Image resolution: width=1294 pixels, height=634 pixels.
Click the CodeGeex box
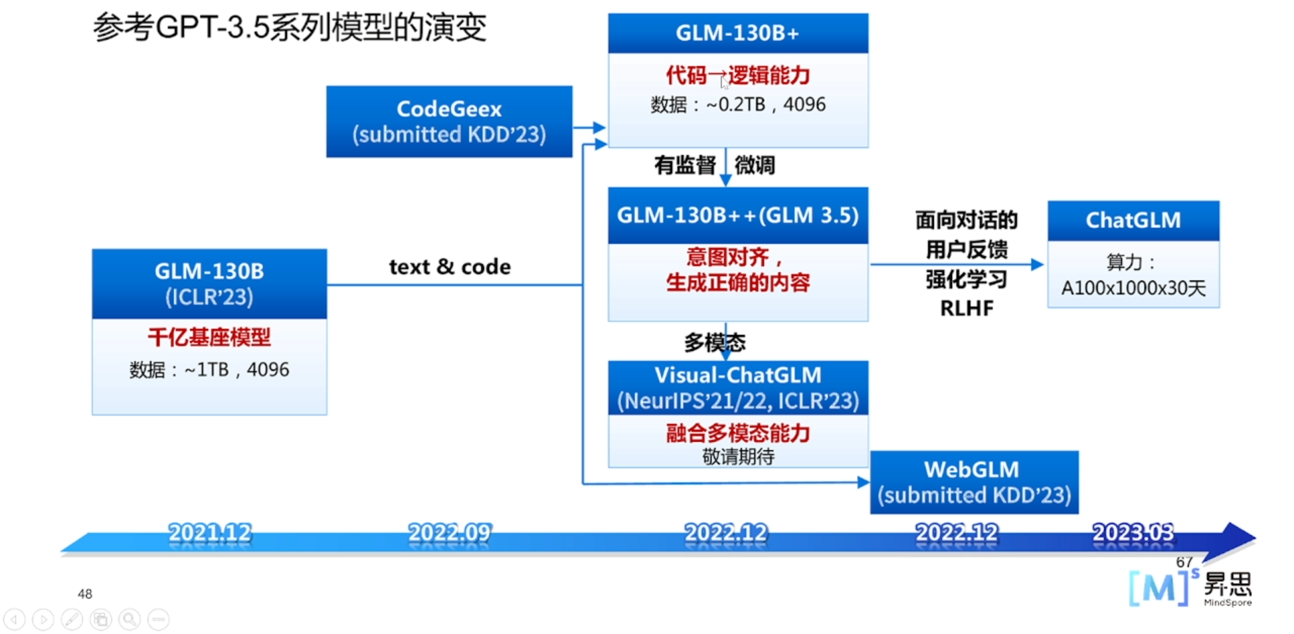(x=449, y=121)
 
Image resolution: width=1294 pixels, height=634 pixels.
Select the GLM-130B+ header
(x=737, y=33)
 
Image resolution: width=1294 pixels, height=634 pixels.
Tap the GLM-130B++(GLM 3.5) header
(x=737, y=216)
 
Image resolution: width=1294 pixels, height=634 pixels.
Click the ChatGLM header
(x=1133, y=220)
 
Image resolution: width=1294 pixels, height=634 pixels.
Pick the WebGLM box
(x=974, y=482)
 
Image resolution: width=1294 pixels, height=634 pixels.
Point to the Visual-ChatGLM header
(x=737, y=387)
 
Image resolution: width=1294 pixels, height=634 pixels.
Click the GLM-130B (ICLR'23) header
(x=209, y=284)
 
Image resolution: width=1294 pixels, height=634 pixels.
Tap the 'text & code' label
(x=450, y=267)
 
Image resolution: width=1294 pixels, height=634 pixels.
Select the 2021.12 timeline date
(x=210, y=533)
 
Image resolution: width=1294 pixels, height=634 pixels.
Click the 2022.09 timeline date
(x=450, y=533)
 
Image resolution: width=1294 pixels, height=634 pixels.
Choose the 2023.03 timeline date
(x=1133, y=533)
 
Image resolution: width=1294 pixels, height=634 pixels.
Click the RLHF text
(x=966, y=309)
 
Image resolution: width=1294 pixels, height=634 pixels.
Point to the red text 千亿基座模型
(x=209, y=337)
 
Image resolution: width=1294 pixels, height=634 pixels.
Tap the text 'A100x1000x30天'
(x=1133, y=288)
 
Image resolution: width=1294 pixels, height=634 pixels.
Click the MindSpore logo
(x=1190, y=588)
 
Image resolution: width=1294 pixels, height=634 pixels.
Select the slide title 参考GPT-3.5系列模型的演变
(x=289, y=28)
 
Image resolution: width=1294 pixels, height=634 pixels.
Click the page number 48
(x=85, y=594)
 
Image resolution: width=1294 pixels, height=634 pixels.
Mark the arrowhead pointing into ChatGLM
(x=1037, y=265)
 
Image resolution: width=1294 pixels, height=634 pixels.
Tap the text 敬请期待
(x=738, y=457)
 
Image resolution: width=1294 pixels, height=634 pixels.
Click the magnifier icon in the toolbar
(x=129, y=619)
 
